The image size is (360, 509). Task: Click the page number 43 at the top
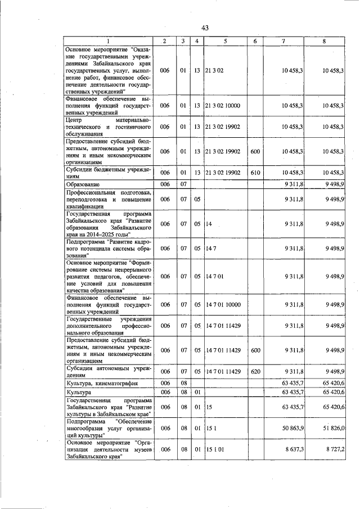pos(205,29)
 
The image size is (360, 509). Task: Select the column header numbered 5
pos(224,41)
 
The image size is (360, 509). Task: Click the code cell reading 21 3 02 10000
pos(222,105)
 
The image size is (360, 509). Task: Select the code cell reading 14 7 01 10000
pos(222,304)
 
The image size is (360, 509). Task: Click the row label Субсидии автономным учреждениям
pos(107,372)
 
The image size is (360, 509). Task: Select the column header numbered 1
pos(107,41)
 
